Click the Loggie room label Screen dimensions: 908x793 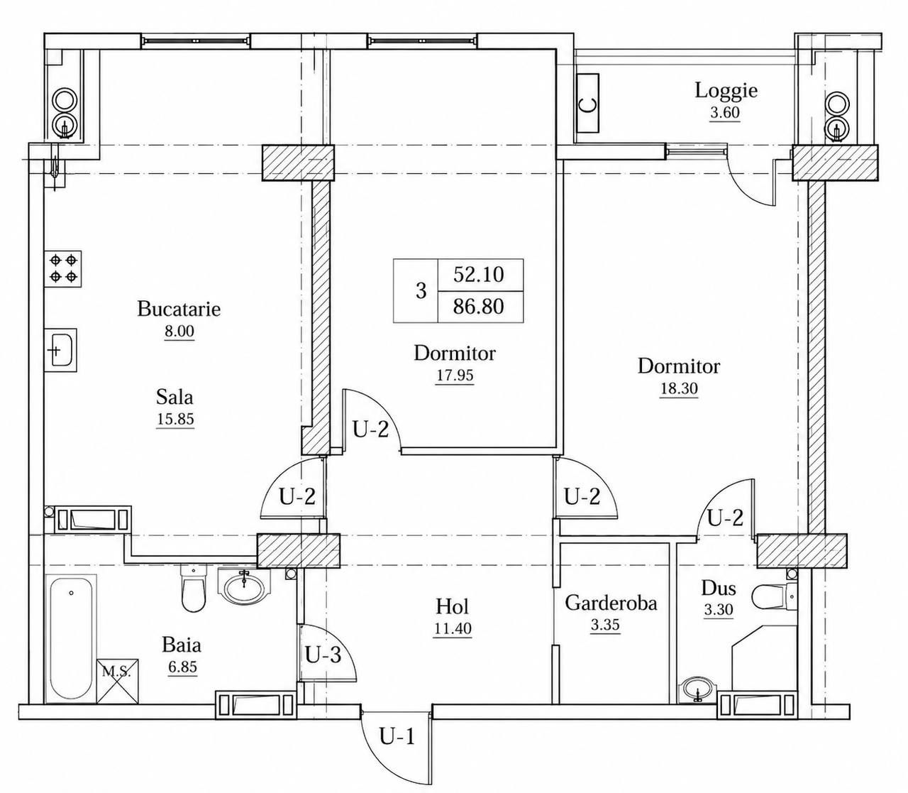pyautogui.click(x=726, y=91)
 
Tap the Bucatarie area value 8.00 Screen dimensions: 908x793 pyautogui.click(x=179, y=332)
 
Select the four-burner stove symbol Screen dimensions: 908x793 pyautogui.click(x=63, y=268)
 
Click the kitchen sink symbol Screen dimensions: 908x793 pyautogui.click(x=61, y=350)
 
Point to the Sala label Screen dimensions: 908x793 pyautogui.click(x=175, y=396)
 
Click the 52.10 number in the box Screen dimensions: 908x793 pyautogui.click(x=478, y=275)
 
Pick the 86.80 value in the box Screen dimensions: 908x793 pyautogui.click(x=478, y=307)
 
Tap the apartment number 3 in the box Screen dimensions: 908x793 pyautogui.click(x=421, y=291)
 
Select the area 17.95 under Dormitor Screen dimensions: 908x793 pyautogui.click(x=455, y=376)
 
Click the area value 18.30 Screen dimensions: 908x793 pyautogui.click(x=679, y=389)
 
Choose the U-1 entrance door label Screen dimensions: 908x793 pyautogui.click(x=397, y=737)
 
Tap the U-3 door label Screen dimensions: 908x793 pyautogui.click(x=323, y=655)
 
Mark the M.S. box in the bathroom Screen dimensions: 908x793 pyautogui.click(x=118, y=682)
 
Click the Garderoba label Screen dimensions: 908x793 pyautogui.click(x=611, y=604)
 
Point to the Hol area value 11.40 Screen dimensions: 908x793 pyautogui.click(x=453, y=629)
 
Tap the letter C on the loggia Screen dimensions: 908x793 pyautogui.click(x=588, y=105)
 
